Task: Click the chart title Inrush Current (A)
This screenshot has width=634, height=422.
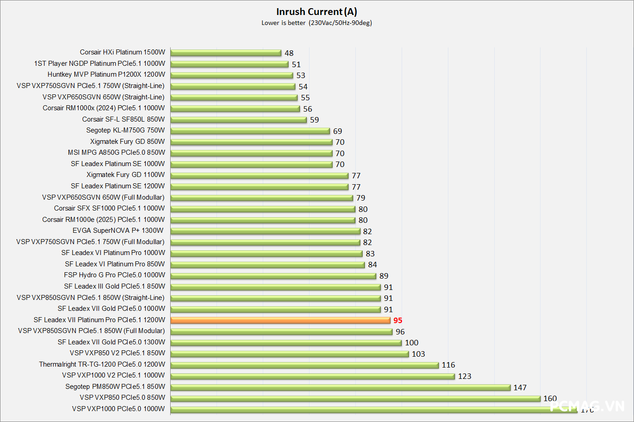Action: tap(316, 12)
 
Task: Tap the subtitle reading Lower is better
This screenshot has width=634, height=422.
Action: tap(283, 23)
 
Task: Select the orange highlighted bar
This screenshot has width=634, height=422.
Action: tap(280, 320)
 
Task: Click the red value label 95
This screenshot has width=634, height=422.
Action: tap(398, 320)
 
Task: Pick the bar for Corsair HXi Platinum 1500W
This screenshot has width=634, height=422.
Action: tap(226, 53)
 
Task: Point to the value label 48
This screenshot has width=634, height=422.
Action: tap(289, 53)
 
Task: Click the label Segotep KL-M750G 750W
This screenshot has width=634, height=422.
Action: tap(126, 130)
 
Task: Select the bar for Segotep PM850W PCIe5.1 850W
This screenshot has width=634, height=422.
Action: tap(340, 388)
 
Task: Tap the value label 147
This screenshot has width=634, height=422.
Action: tap(520, 388)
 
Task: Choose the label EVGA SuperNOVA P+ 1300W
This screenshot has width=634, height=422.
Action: tap(118, 231)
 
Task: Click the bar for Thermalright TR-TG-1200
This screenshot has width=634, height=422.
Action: tap(305, 365)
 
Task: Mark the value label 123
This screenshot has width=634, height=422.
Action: tap(464, 376)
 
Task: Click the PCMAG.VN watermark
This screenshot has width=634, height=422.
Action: tap(587, 406)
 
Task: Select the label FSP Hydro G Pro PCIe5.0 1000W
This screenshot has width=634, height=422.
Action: tap(114, 275)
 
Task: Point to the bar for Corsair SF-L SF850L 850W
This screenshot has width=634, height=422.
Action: tap(238, 120)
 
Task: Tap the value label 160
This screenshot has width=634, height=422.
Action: tap(550, 398)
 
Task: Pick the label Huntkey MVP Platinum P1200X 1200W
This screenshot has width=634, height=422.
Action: tap(106, 74)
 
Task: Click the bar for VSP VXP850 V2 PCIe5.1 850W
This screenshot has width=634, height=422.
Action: tap(290, 354)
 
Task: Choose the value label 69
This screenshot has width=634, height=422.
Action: tap(337, 131)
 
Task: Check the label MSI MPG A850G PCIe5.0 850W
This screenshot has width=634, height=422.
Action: tap(117, 152)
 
